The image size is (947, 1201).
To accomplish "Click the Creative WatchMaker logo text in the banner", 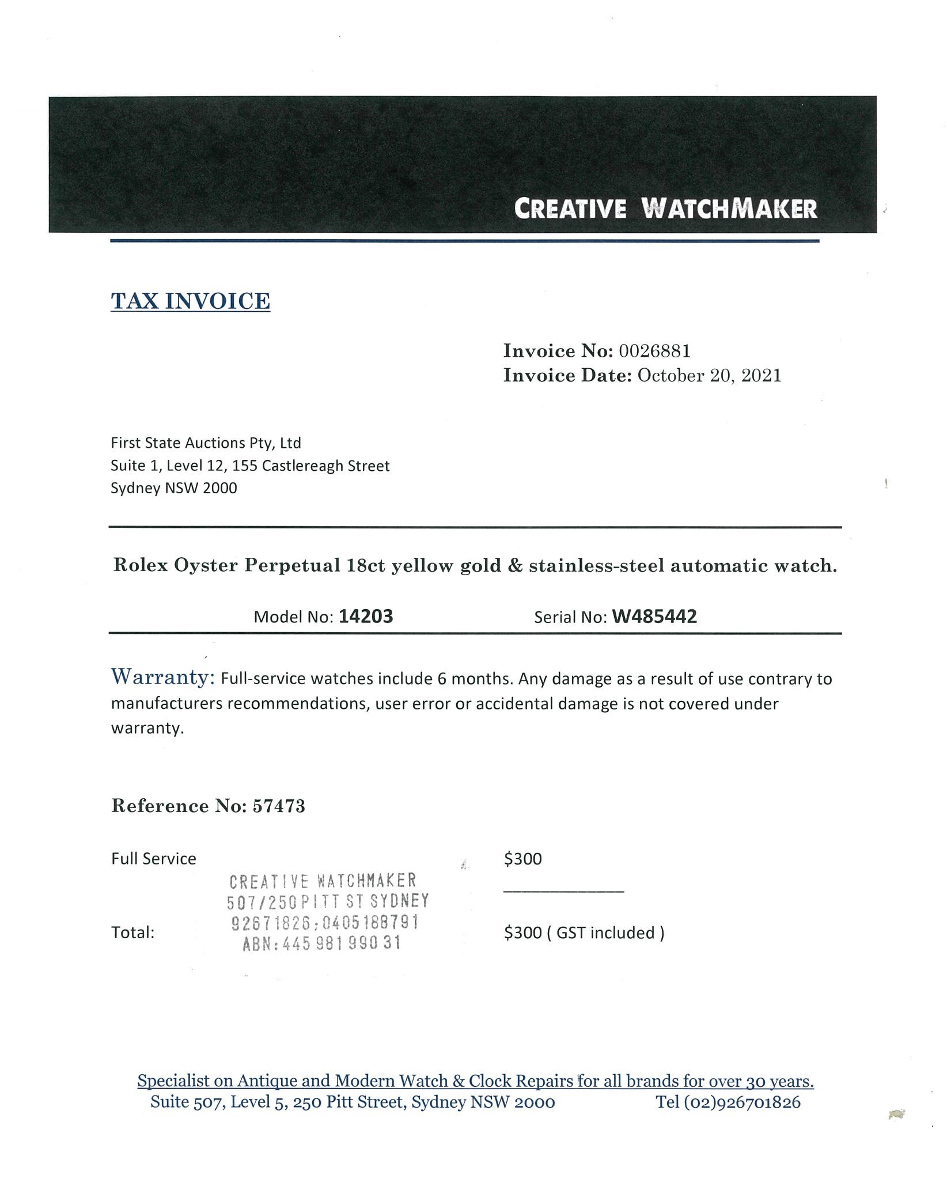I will coord(665,208).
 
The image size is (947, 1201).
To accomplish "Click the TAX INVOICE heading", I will coord(190,301).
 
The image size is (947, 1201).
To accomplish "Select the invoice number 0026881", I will coord(654,350).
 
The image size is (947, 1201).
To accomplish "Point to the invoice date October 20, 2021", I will coord(709,376).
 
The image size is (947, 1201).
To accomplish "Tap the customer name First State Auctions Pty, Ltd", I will coord(206,443).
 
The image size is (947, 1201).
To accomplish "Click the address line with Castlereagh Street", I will coord(250,466).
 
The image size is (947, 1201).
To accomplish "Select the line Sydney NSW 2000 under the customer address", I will coord(173,488).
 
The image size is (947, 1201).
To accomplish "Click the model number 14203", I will coord(366,617).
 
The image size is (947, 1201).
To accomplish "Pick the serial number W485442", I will coord(654,617).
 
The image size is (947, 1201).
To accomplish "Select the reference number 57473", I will coord(279,806).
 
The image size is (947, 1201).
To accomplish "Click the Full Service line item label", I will coord(153,859).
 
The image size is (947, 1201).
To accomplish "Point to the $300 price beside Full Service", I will coord(522,859).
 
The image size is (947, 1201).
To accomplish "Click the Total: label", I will coord(132,932).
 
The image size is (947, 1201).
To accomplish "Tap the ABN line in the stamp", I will coord(321,943).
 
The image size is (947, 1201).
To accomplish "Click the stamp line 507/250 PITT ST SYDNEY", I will coord(328,901).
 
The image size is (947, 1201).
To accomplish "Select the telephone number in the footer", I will coord(728,1102).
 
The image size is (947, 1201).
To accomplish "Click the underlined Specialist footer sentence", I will coord(475,1081).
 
